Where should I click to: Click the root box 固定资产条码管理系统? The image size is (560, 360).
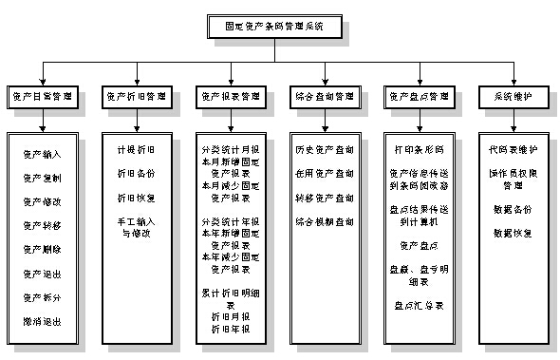coord(280,28)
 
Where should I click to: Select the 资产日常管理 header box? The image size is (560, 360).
coord(42,97)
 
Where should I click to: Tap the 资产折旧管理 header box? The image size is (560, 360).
coord(136,97)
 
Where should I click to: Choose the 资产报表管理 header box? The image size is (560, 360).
coord(229,97)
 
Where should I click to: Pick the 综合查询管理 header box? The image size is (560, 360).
coord(325,97)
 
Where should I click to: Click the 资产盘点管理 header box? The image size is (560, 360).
coord(418,97)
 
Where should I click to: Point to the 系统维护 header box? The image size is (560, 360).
coord(513,97)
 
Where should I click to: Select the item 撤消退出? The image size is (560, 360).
coord(42,322)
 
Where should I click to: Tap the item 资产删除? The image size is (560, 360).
coord(42,250)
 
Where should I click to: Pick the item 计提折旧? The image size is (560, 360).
coord(136,150)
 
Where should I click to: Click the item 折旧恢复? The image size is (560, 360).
coord(136,198)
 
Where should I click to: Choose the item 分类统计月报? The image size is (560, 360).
coord(231,150)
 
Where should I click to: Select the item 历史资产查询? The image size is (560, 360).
coord(325,150)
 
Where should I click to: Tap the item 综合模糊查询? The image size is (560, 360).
coord(325,221)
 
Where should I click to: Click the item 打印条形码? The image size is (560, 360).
coord(419,150)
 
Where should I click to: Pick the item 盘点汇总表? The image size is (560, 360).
coord(419,305)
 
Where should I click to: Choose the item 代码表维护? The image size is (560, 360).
coord(513,150)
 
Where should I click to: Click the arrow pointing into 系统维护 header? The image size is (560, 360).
coord(513,82)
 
